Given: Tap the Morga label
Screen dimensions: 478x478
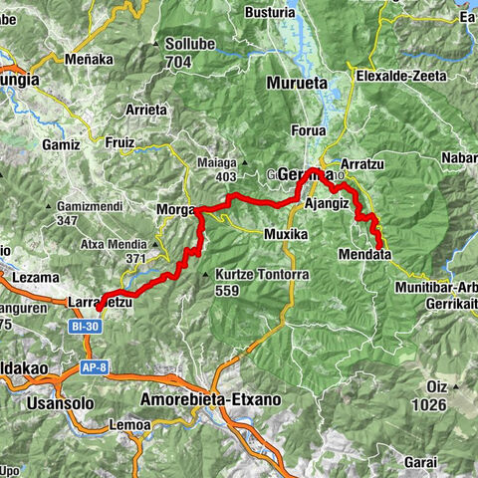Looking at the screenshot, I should point(176,210).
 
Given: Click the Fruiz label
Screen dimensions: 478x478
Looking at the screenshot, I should point(119,142).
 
